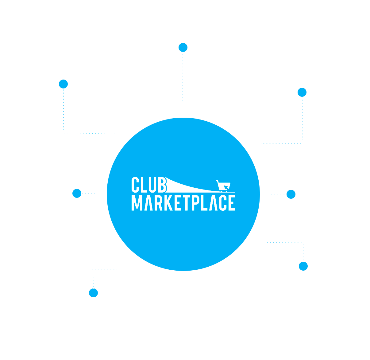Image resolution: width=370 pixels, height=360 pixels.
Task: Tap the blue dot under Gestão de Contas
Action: click(x=183, y=48)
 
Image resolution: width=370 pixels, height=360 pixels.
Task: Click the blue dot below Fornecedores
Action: click(x=63, y=84)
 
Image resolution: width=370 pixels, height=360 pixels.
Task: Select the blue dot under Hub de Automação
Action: click(x=302, y=92)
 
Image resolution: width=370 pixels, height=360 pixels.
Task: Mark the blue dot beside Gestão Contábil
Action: click(x=77, y=193)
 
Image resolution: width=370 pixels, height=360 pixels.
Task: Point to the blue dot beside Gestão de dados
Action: click(x=291, y=194)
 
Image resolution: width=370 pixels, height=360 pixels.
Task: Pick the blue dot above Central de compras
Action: click(x=303, y=266)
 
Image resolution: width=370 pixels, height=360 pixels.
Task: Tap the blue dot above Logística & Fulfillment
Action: click(x=93, y=293)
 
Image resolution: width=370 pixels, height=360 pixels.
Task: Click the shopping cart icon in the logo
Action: click(x=223, y=186)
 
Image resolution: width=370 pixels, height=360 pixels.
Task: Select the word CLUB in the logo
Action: click(x=149, y=185)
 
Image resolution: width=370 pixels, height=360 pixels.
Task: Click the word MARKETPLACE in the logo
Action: click(x=183, y=203)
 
